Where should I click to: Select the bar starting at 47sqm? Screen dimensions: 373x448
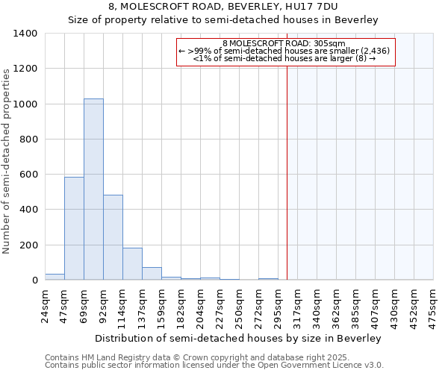click(74, 228)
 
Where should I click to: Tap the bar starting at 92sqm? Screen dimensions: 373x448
click(113, 237)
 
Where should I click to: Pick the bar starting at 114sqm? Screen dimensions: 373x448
click(132, 263)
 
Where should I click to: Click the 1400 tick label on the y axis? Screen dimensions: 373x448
click(25, 34)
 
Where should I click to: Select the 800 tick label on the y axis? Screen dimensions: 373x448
click(28, 140)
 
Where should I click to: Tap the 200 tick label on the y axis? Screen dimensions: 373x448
click(28, 245)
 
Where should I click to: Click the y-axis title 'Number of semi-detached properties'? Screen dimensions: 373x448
click(7, 160)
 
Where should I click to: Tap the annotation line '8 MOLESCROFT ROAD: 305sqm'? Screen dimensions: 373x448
click(284, 43)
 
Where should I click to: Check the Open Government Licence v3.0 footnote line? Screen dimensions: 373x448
click(214, 366)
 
